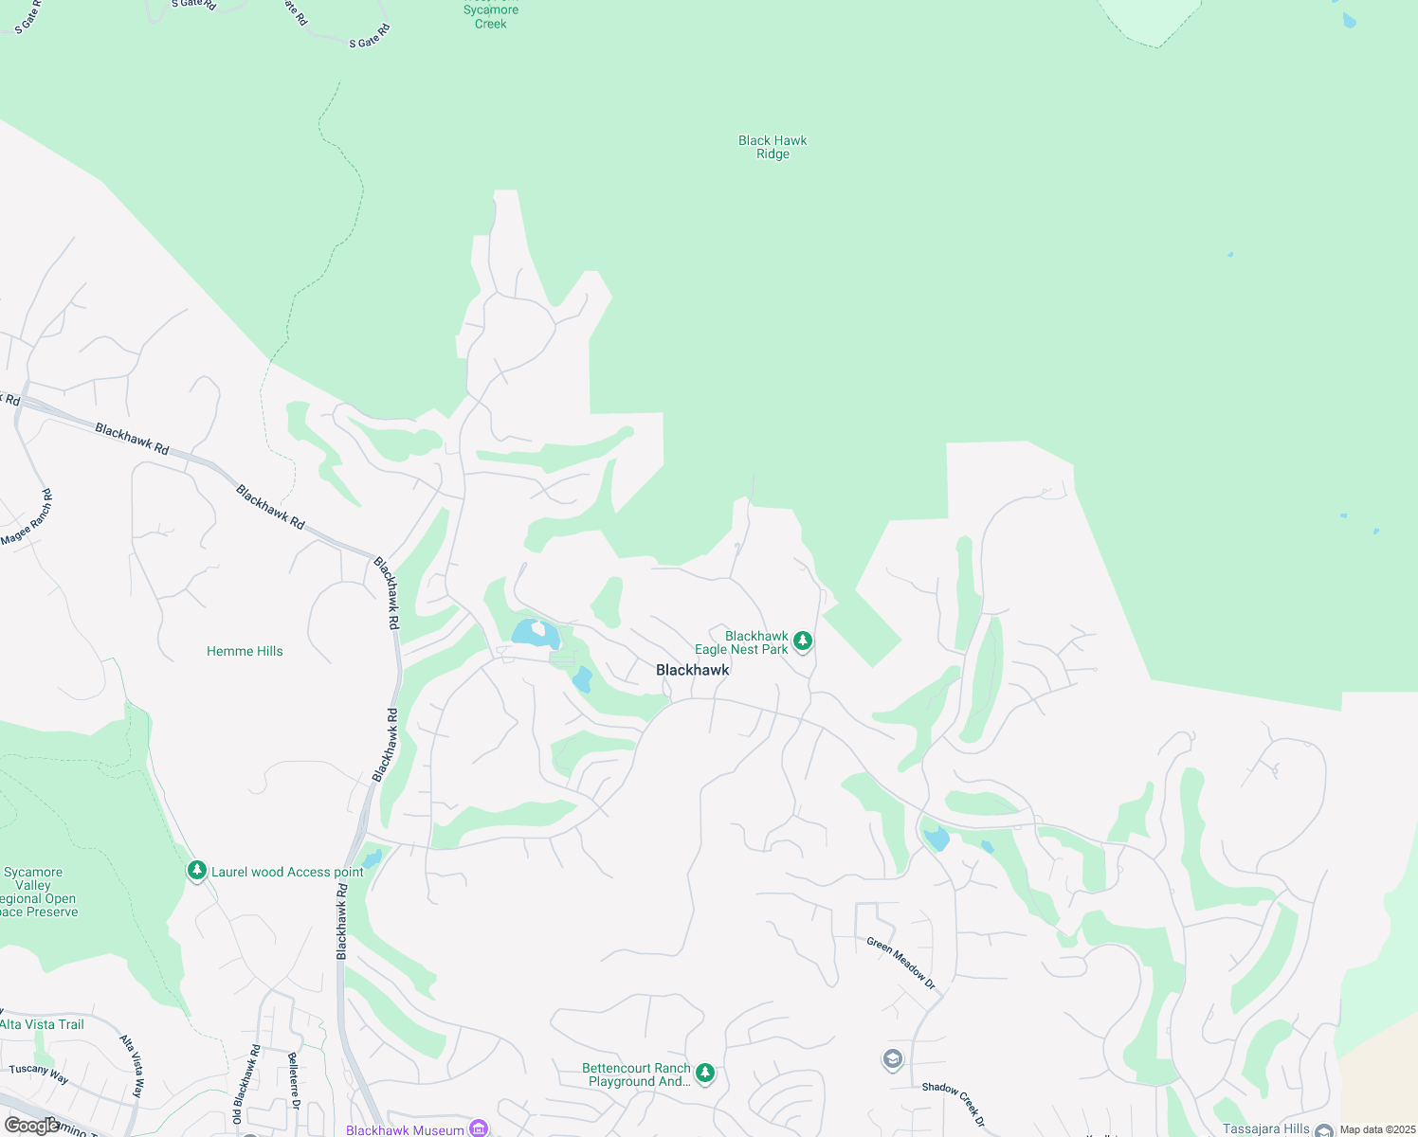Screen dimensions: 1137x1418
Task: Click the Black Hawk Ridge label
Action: click(x=773, y=147)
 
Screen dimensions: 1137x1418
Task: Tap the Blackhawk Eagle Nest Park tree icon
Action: click(x=803, y=641)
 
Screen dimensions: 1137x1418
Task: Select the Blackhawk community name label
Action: click(x=693, y=670)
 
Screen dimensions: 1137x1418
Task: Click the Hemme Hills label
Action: click(x=245, y=651)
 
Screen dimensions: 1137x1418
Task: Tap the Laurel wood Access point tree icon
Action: click(x=196, y=871)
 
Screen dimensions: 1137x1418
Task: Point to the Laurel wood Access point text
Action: click(x=287, y=873)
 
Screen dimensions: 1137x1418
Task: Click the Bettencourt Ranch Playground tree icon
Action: click(x=704, y=1073)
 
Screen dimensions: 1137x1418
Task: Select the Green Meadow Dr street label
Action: click(x=901, y=964)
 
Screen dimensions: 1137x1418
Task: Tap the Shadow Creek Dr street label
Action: click(x=954, y=1105)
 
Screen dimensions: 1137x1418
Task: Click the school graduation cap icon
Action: click(x=892, y=1058)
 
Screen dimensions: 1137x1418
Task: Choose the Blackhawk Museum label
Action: click(x=405, y=1130)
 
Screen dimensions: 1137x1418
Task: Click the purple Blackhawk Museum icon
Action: click(x=479, y=1128)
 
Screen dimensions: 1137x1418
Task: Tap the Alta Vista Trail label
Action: click(x=43, y=1024)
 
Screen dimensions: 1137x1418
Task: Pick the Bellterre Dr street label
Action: click(x=294, y=1080)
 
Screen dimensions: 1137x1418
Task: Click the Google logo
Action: click(x=31, y=1126)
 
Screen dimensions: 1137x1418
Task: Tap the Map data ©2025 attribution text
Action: click(x=1377, y=1129)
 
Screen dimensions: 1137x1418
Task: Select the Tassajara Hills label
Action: click(x=1266, y=1128)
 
